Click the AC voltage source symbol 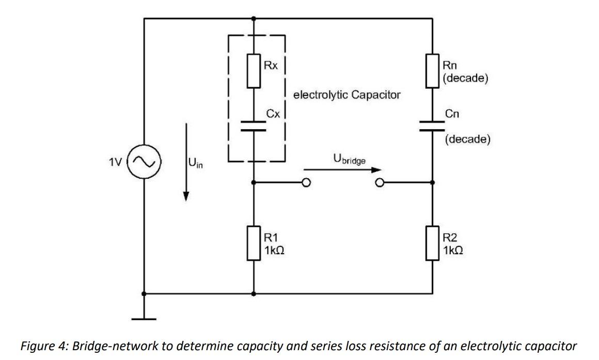coord(144,162)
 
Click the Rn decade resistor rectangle coord(432,71)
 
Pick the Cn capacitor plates coord(432,127)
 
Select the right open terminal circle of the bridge coord(380,182)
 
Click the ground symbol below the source coord(144,318)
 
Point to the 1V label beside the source coord(116,162)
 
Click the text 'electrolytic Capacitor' coord(346,96)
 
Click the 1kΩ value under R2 coord(453,250)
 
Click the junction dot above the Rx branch coord(253,19)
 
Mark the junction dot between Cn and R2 coord(432,182)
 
